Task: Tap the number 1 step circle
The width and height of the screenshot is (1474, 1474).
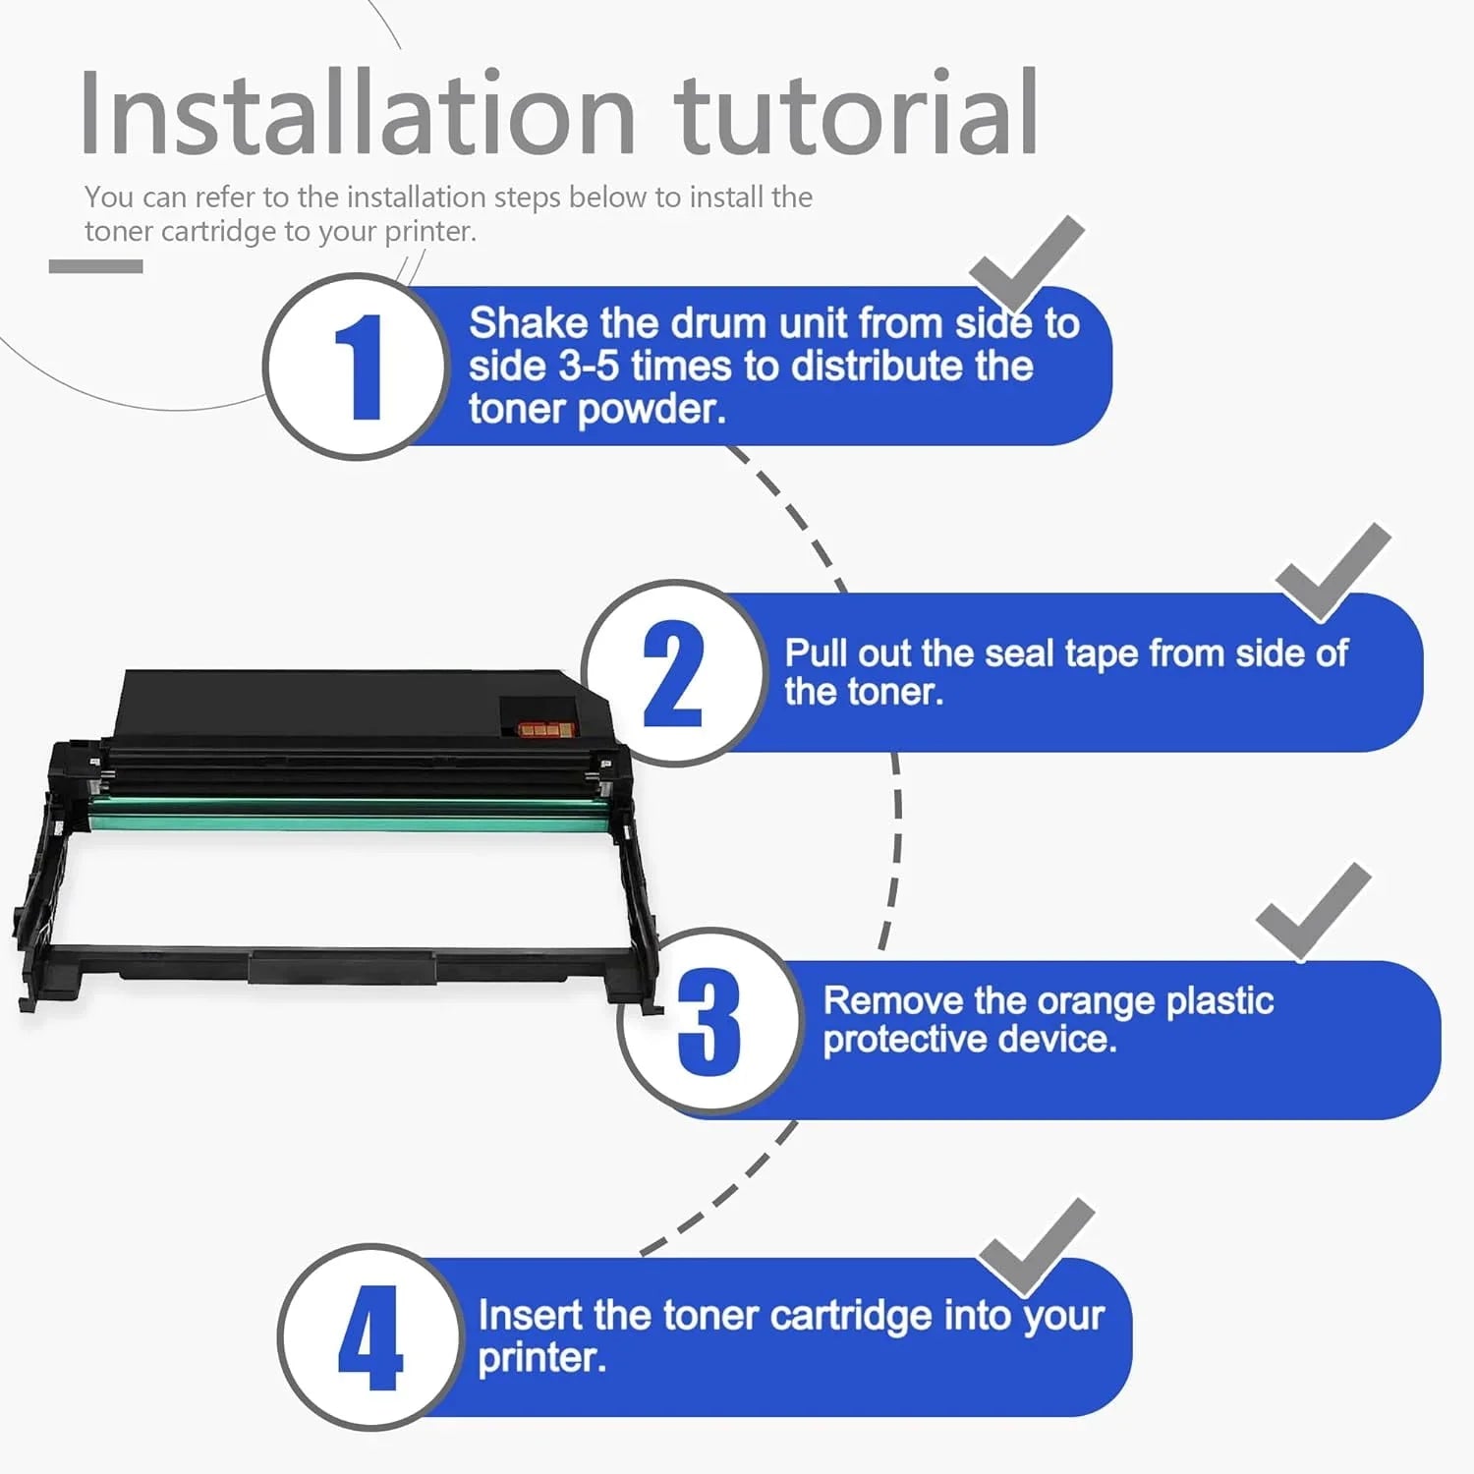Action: pyautogui.click(x=356, y=367)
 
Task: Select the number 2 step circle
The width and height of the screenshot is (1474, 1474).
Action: pyautogui.click(x=674, y=673)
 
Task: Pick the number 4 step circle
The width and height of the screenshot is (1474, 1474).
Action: pyautogui.click(x=369, y=1337)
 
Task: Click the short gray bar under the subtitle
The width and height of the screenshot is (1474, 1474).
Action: pyautogui.click(x=96, y=266)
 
